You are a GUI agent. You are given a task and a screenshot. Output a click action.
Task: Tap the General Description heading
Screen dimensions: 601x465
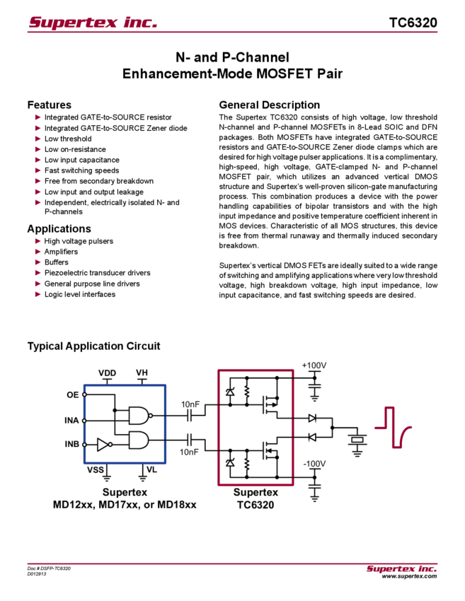click(269, 104)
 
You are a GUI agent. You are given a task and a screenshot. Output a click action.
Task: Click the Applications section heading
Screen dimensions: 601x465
click(59, 228)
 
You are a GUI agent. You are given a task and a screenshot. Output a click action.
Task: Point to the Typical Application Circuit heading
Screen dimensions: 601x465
click(96, 346)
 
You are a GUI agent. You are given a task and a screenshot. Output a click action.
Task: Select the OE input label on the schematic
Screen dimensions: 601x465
click(71, 395)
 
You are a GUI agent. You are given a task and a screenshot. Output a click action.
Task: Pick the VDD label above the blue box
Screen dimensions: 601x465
click(107, 372)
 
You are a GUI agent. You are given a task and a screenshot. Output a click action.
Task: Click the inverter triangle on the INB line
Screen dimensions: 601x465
click(103, 444)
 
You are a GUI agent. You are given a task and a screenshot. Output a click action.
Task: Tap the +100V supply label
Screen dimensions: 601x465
click(314, 365)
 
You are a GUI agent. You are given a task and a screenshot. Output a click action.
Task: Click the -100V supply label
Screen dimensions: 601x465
click(314, 463)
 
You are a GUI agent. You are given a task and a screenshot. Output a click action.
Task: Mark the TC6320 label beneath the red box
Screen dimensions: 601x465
click(256, 506)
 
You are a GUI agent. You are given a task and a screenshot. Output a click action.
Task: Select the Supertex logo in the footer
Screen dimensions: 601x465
click(401, 568)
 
